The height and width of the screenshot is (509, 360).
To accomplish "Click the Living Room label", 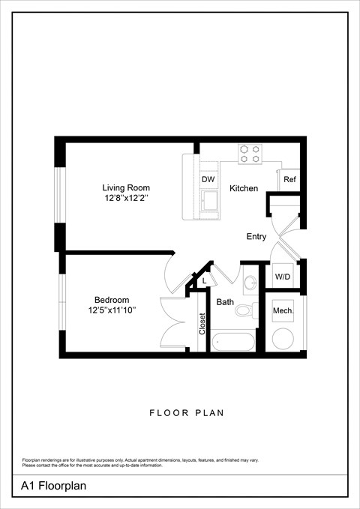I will tap(126, 187).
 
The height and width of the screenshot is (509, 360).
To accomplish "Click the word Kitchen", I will tap(244, 188).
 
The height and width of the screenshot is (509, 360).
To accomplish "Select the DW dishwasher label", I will tap(208, 180).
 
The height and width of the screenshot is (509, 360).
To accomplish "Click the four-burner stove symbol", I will tap(250, 154).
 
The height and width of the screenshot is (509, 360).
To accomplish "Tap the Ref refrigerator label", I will tap(289, 180).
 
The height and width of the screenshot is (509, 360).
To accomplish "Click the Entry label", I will tap(256, 237).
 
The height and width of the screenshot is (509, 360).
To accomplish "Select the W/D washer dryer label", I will tap(282, 277).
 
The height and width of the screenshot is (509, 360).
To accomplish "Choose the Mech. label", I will tap(283, 310).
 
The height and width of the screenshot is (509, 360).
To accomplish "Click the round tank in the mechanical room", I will tap(283, 337).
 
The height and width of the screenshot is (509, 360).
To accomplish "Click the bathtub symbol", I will tap(234, 341).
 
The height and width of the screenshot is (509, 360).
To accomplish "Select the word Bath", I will tap(225, 303).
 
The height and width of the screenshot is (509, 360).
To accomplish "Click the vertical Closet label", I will tap(202, 324).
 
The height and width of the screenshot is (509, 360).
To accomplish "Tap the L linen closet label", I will tap(205, 280).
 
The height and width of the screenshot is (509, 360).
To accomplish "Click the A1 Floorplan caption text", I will tap(54, 486).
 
